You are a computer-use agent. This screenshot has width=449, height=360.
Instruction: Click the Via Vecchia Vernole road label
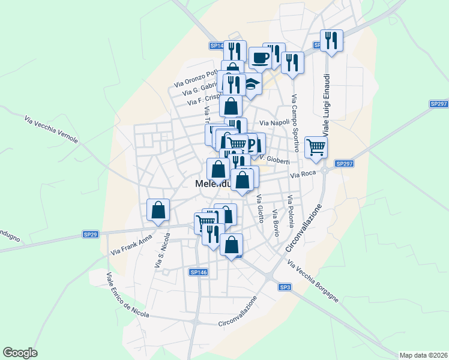click(x=52, y=130)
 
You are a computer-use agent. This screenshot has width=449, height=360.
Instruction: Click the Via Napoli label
click(x=274, y=122)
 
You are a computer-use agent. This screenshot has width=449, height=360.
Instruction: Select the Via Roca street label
click(x=303, y=175)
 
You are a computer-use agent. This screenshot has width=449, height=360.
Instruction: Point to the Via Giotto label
click(x=261, y=209)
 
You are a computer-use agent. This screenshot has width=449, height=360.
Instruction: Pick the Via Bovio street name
click(x=276, y=223)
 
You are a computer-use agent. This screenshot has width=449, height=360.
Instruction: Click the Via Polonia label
click(x=291, y=211)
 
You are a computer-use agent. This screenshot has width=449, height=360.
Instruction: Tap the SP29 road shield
click(x=90, y=234)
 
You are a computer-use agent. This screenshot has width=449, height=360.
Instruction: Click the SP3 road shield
click(x=285, y=287)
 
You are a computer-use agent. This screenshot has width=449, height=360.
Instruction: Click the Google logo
click(x=20, y=353)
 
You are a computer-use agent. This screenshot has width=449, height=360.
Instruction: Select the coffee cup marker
click(x=260, y=58)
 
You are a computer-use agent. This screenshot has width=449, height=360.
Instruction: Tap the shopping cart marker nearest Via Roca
click(x=316, y=146)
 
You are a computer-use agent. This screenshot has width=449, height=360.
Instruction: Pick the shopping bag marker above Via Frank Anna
click(x=158, y=210)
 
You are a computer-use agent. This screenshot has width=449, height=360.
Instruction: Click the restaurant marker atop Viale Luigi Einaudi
click(x=331, y=40)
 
